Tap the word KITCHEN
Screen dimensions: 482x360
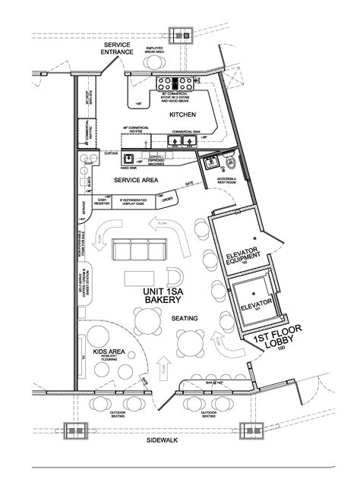click(x=183, y=114)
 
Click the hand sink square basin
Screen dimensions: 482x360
click(x=130, y=159)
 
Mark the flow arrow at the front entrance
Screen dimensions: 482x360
click(x=163, y=370)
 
